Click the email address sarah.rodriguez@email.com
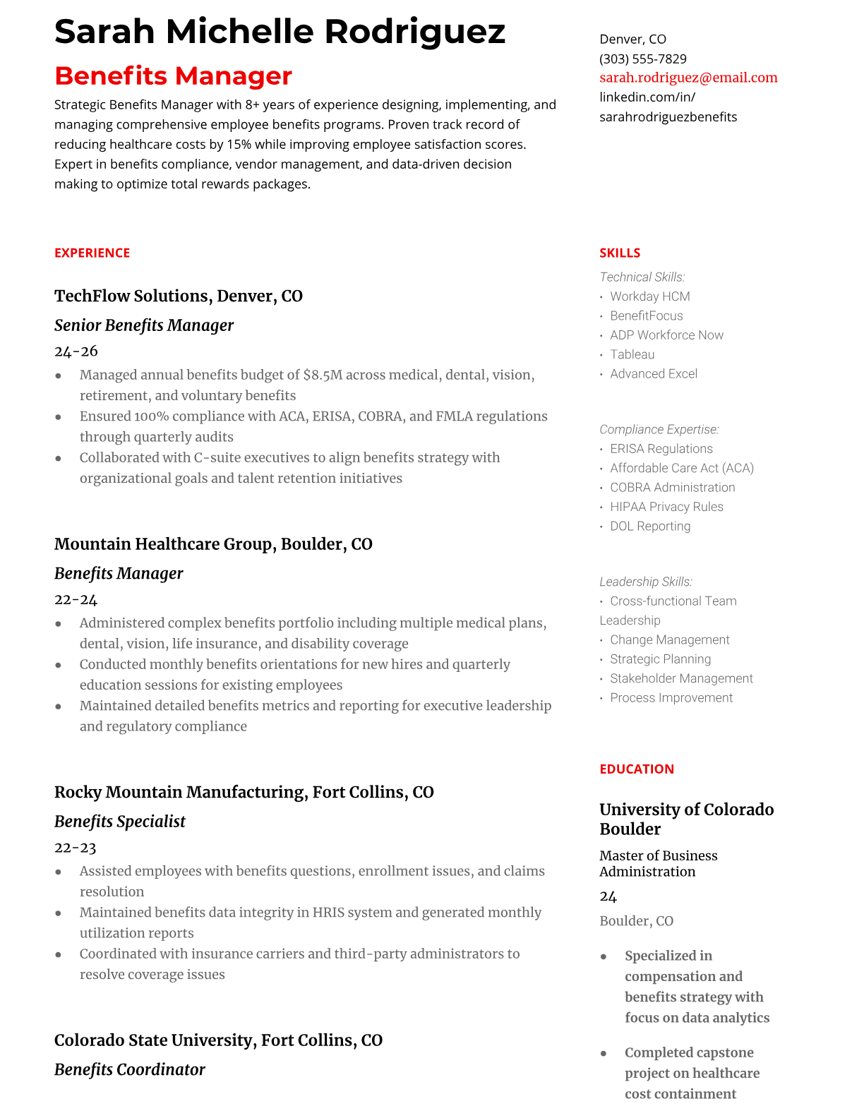(x=688, y=78)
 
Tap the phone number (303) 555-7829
(x=643, y=59)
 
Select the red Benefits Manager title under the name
(x=173, y=76)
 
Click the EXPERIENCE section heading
(x=92, y=253)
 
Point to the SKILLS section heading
(x=620, y=253)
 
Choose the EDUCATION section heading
(x=637, y=769)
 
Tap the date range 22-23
(x=76, y=847)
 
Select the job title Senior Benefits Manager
(x=144, y=325)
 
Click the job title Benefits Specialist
(x=120, y=822)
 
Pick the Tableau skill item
(x=632, y=354)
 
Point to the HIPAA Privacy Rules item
(x=666, y=507)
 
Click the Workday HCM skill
(x=650, y=296)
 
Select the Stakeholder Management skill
(x=681, y=678)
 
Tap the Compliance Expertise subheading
(x=659, y=429)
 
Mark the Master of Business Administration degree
(x=658, y=863)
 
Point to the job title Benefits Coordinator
(x=130, y=1069)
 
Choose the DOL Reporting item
(x=650, y=526)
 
